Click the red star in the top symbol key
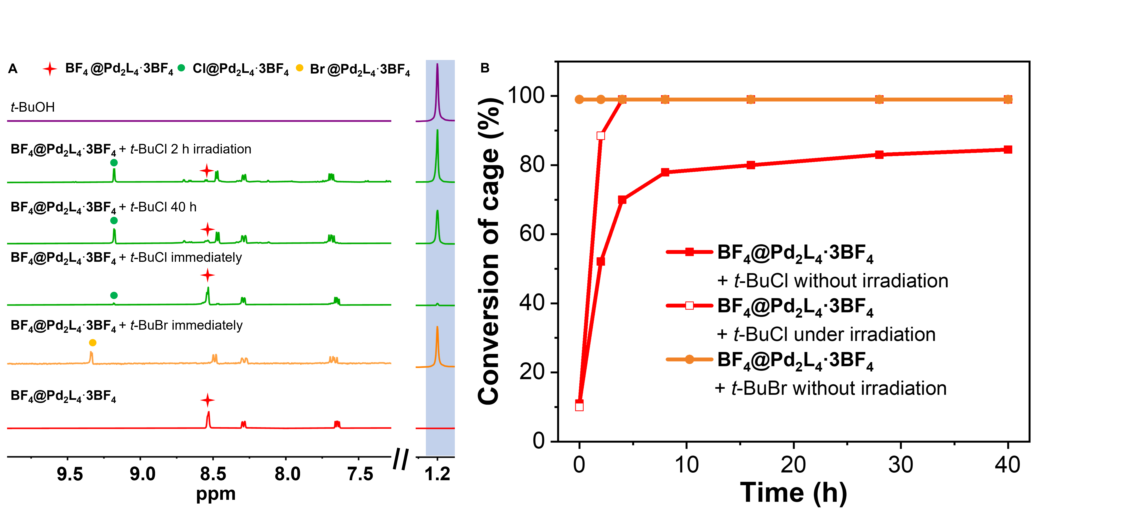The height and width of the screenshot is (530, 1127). pyautogui.click(x=50, y=69)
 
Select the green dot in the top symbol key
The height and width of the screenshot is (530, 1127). pyautogui.click(x=181, y=68)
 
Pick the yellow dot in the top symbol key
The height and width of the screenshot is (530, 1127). pyautogui.click(x=300, y=68)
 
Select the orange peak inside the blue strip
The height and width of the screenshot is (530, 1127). pyautogui.click(x=437, y=345)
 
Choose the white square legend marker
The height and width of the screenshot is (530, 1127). pyautogui.click(x=689, y=305)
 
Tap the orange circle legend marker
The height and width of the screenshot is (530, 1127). pyautogui.click(x=689, y=359)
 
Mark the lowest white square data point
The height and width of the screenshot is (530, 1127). pyautogui.click(x=579, y=407)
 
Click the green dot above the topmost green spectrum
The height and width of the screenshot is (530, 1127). pyautogui.click(x=114, y=163)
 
